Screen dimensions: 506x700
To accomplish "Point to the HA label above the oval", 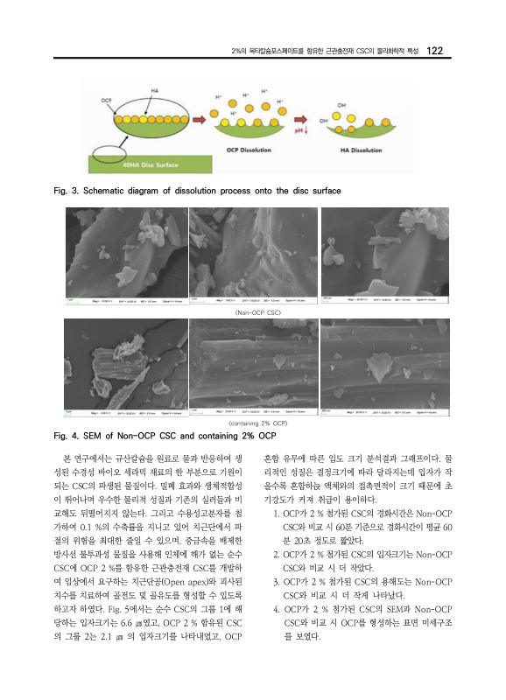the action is click(154, 90).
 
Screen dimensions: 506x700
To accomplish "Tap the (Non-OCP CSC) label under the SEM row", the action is click(253, 311).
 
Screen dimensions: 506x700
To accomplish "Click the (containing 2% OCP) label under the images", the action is click(253, 423).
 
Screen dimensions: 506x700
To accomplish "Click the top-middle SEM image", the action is click(253, 254).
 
